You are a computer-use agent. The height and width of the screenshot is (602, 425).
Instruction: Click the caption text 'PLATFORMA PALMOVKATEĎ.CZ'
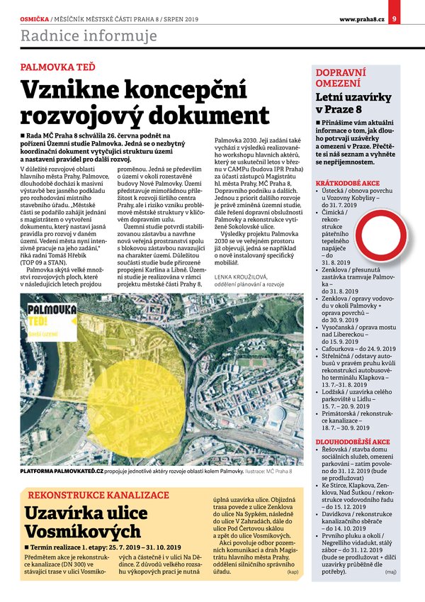(x=62, y=470)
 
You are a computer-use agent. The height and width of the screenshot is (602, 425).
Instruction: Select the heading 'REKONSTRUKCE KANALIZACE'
(x=98, y=494)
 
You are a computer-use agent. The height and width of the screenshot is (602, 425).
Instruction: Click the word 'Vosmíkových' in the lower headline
(x=72, y=531)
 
